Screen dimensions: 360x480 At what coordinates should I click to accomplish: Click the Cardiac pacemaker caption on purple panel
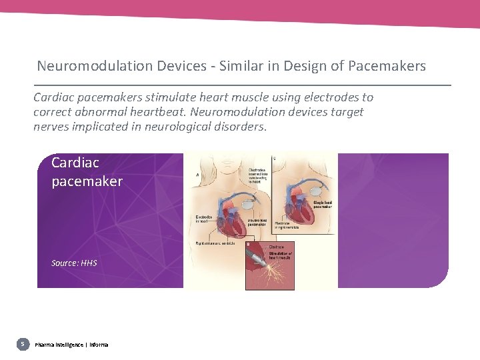[x=87, y=171]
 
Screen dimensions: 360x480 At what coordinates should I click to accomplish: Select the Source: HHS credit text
[x=74, y=263]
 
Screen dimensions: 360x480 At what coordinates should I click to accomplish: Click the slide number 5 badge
[x=23, y=344]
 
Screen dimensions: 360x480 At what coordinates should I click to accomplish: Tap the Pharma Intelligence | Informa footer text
[x=71, y=345]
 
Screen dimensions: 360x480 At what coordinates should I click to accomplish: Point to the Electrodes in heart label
[x=204, y=219]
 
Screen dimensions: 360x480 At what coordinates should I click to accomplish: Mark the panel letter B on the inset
[x=249, y=245]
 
